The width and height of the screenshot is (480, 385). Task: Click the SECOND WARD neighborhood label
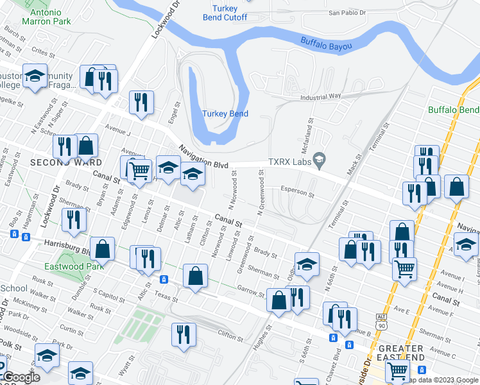(55, 163)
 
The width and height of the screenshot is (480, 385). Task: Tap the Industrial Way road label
(321, 97)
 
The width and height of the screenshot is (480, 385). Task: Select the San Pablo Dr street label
(347, 12)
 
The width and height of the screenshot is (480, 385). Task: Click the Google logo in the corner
(22, 377)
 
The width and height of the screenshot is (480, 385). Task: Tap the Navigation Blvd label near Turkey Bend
(203, 156)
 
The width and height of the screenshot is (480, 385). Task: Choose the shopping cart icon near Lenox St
(139, 170)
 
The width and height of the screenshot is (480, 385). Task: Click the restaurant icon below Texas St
(183, 334)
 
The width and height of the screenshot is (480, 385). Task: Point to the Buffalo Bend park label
(454, 110)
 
